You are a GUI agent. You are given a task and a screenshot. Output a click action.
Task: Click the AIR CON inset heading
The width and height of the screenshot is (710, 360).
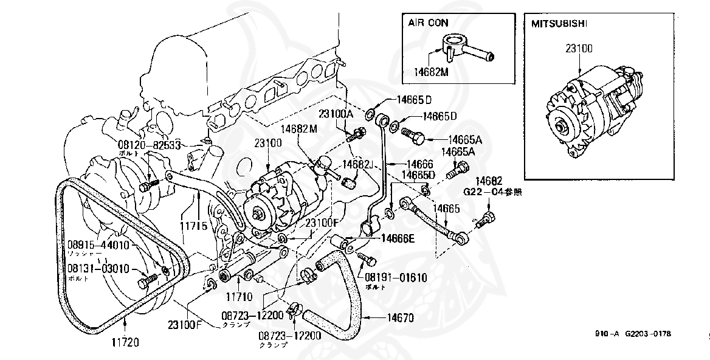tap(429, 22)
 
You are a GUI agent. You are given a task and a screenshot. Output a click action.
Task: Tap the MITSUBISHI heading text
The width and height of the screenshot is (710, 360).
tap(555, 24)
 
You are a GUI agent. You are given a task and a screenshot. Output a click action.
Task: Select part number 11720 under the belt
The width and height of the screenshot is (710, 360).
tap(125, 342)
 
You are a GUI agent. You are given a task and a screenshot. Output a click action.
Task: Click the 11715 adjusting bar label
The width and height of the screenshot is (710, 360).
tap(193, 226)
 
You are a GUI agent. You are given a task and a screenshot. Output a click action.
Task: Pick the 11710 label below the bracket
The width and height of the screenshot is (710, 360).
tap(239, 299)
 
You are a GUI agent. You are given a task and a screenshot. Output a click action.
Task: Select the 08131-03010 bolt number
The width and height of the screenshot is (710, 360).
tap(98, 268)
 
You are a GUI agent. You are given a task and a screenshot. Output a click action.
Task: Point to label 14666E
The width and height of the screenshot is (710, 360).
tap(398, 238)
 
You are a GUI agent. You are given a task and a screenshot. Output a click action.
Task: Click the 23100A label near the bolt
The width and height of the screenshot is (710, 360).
tap(338, 114)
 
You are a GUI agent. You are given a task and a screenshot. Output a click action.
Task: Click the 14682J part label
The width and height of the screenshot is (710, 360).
tap(356, 164)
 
